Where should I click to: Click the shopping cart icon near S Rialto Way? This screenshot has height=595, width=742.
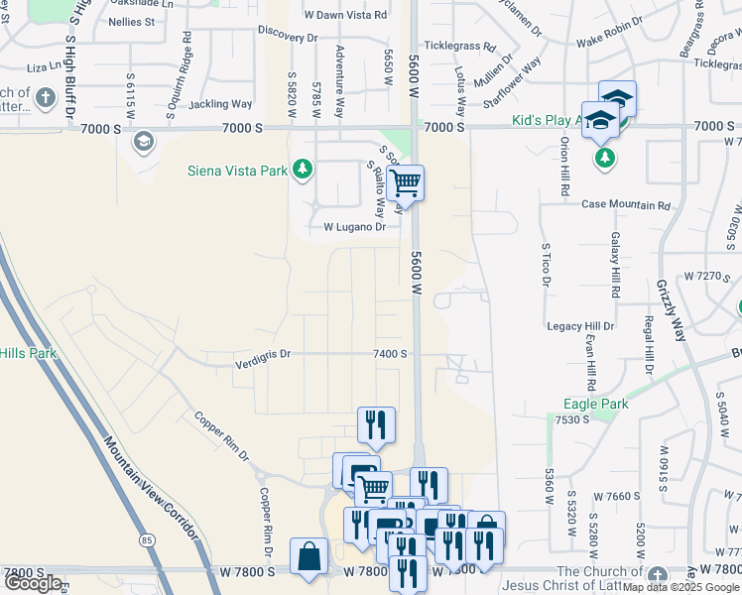(x=405, y=182)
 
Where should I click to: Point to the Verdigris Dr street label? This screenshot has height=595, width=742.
(x=263, y=353)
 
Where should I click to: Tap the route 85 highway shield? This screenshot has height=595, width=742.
(x=147, y=540)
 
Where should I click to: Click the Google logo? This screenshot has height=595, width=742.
(x=33, y=582)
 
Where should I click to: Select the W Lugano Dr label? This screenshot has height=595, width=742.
(x=354, y=227)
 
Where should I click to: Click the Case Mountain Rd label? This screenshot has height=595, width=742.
(x=626, y=205)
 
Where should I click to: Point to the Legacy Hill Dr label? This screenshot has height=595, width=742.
(x=580, y=325)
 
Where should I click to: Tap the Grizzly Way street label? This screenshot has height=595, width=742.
(x=672, y=310)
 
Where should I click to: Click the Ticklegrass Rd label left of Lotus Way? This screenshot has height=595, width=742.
(x=460, y=47)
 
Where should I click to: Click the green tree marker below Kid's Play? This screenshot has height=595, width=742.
(x=603, y=158)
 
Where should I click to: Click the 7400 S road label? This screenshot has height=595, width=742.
(x=390, y=353)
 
